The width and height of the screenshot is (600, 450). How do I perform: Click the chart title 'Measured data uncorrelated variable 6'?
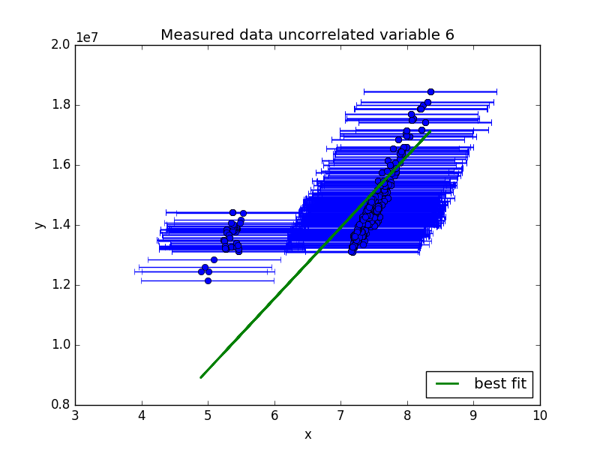pos(307,34)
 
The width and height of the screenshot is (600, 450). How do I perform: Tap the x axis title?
pos(308,435)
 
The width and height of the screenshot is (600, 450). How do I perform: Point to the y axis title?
pos(40,225)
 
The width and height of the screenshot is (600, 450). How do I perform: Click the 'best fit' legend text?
pos(500,383)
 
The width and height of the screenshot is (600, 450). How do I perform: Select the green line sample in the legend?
pos(447,384)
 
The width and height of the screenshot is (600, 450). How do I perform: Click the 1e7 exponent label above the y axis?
pos(87,37)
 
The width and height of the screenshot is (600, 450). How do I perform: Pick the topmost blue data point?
pos(430,91)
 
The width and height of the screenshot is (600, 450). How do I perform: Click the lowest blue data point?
pos(208,280)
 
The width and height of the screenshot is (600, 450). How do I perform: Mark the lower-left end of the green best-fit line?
pos(201,378)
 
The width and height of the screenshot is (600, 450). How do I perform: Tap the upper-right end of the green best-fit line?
pos(430,131)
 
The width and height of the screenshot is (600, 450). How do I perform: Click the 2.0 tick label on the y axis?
pos(61,45)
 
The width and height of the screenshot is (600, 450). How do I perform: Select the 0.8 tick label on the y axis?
pos(61,405)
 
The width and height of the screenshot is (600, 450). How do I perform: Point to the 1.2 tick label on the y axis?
pos(61,285)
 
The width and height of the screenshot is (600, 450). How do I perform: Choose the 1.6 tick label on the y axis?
pos(61,165)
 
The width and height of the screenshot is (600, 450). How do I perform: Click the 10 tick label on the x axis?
pos(540,415)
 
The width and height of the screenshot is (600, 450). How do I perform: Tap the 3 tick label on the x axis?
pos(76,415)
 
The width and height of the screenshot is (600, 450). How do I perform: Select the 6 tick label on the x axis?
pos(274,415)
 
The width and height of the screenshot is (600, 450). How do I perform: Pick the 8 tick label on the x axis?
pos(407,415)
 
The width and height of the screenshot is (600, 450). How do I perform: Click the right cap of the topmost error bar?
pos(496,91)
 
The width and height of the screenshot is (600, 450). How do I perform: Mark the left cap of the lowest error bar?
pos(142,280)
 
